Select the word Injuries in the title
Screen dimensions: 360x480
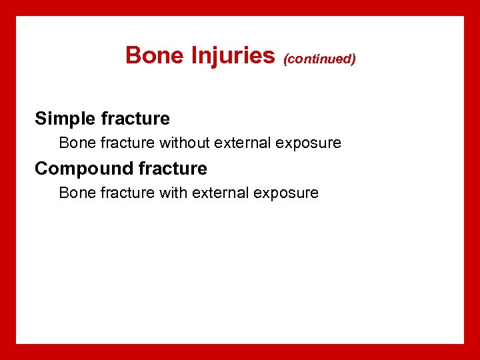pos(233,55)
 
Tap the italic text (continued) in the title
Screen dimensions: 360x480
pos(319,59)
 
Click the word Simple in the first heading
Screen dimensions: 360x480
pos(65,119)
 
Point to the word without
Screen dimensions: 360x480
pos(185,143)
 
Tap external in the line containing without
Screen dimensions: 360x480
pos(241,143)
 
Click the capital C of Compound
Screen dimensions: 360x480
pos(41,169)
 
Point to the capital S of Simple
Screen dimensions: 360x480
pos(41,119)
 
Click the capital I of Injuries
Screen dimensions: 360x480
pos(194,55)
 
